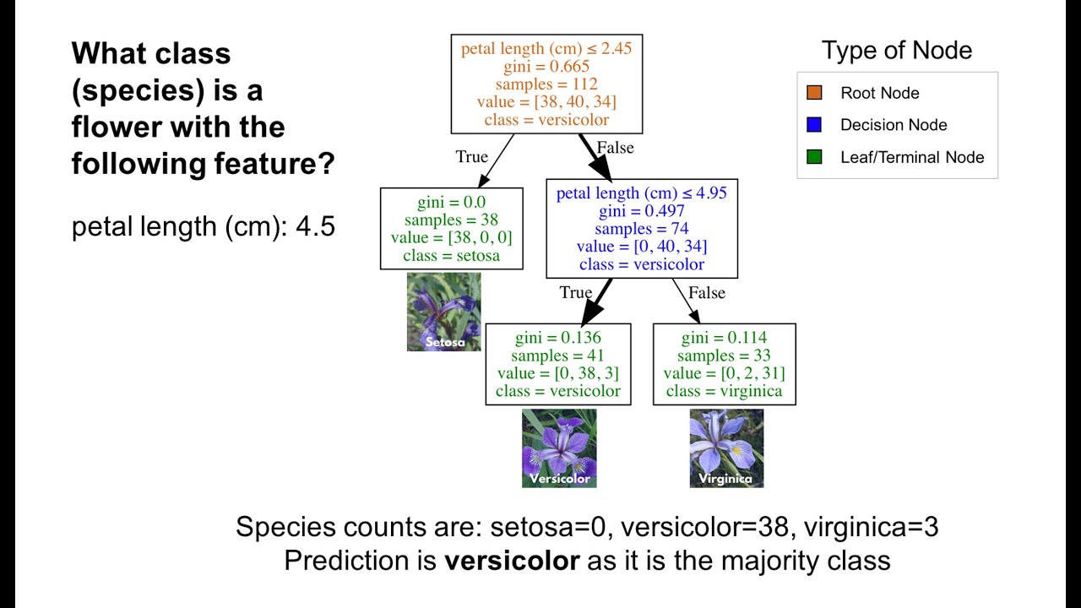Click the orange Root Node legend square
click(814, 93)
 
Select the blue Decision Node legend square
click(814, 125)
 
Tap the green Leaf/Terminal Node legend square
click(814, 157)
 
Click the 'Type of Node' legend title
click(897, 51)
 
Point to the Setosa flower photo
click(444, 312)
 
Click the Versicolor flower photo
click(559, 448)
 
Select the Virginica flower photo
click(726, 448)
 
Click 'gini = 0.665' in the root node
click(546, 67)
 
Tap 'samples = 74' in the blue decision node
click(641, 229)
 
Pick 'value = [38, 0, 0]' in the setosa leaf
click(451, 238)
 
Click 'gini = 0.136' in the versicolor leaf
click(557, 339)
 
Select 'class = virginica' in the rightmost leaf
click(724, 391)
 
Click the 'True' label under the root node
click(471, 156)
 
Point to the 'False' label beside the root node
click(615, 148)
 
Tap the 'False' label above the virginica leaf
click(707, 292)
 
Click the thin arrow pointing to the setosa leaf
click(497, 160)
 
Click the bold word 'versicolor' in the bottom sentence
click(513, 560)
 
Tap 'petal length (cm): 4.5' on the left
click(204, 227)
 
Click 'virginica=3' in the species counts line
click(871, 527)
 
